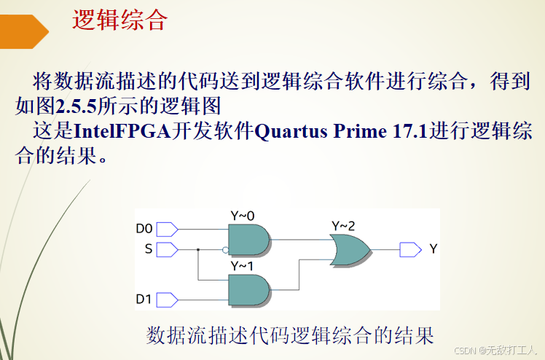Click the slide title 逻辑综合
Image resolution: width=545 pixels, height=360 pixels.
point(119,20)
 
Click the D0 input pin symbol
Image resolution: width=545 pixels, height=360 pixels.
point(167,229)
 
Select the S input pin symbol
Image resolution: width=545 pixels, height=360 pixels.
point(167,249)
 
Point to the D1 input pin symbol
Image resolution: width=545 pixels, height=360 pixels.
point(167,299)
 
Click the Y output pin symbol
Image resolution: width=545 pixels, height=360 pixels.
point(410,249)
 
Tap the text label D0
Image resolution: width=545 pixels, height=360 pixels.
point(144,229)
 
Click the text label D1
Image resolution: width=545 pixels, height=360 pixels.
point(144,299)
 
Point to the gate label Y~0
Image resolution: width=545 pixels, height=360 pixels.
point(243,216)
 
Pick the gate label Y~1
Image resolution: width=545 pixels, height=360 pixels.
point(243,266)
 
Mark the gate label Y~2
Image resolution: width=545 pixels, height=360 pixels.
point(343,226)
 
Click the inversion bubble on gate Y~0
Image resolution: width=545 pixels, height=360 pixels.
point(225,249)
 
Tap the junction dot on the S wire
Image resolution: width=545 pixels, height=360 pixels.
point(198,249)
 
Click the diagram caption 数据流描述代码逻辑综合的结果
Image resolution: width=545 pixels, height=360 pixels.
point(290,335)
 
